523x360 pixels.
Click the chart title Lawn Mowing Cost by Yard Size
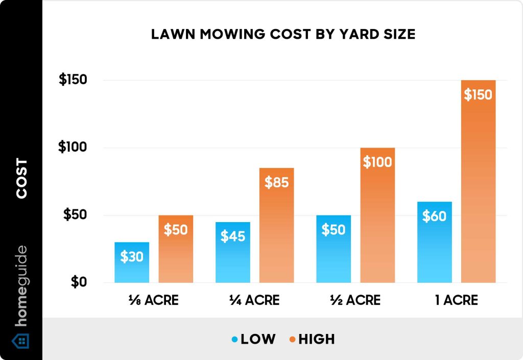(x=283, y=35)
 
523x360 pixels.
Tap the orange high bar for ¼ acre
(x=276, y=230)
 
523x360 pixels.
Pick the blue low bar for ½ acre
(x=333, y=255)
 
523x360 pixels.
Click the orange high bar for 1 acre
(x=478, y=189)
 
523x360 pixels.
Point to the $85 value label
(x=276, y=182)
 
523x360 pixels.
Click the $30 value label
(x=132, y=256)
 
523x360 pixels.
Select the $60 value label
(x=434, y=216)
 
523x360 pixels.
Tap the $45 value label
(x=233, y=236)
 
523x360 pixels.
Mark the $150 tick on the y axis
(x=73, y=80)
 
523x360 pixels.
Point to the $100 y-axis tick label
(x=73, y=148)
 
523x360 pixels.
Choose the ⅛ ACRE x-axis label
(x=154, y=300)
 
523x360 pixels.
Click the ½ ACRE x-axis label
(x=355, y=300)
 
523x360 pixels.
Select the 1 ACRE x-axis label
(x=457, y=300)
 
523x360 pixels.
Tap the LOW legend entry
(x=253, y=339)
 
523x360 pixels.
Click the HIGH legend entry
(x=312, y=339)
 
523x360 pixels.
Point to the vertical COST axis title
(x=21, y=179)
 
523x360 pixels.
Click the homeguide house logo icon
(x=21, y=341)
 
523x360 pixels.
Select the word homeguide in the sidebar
(x=21, y=286)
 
